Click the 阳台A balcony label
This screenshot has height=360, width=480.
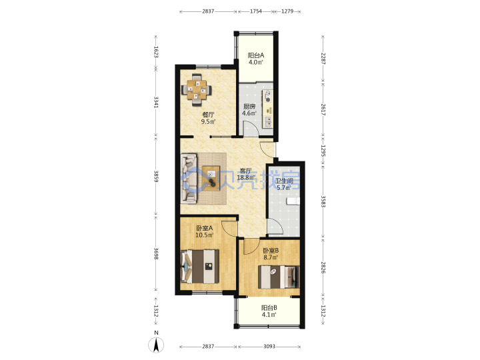255,55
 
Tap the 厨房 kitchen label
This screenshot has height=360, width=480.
249,107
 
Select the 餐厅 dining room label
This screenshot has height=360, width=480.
208,115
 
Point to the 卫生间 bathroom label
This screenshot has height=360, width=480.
285,181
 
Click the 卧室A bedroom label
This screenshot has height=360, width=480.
204,228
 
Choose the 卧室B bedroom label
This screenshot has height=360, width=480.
271,251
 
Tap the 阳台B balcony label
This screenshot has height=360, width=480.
269,307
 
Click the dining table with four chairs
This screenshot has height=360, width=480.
197,89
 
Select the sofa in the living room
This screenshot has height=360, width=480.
189,179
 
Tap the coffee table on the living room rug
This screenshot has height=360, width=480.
211,179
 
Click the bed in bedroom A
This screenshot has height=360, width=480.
200,266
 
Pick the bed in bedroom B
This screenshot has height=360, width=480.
279,277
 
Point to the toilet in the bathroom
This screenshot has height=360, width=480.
293,201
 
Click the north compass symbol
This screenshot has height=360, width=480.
156,345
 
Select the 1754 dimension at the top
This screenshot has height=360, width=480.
256,11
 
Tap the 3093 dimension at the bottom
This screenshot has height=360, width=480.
269,347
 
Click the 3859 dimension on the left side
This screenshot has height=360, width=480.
156,177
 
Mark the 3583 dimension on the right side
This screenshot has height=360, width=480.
323,201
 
